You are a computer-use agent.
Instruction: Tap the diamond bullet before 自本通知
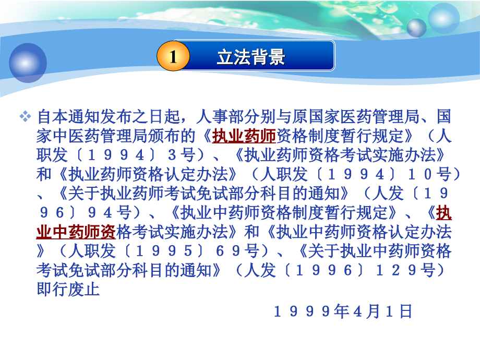coord(26,116)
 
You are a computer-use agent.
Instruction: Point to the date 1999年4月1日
coord(343,311)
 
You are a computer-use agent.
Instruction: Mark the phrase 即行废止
coord(68,289)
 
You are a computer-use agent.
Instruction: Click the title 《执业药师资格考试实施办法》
coord(339,155)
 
